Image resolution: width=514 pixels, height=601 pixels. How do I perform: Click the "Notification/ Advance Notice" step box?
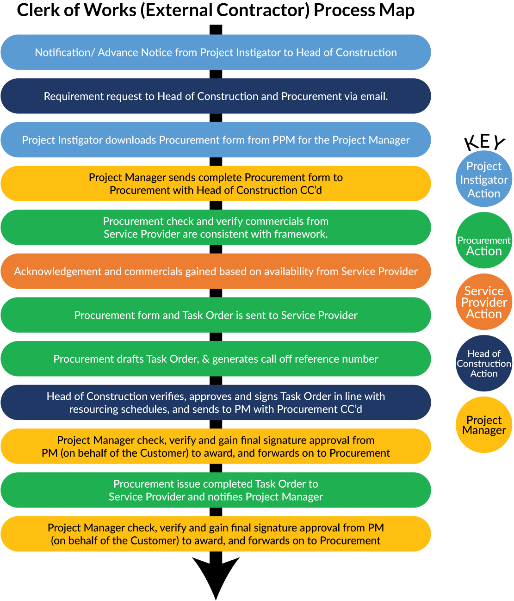[216, 52]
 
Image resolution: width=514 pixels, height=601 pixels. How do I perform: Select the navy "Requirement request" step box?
[216, 96]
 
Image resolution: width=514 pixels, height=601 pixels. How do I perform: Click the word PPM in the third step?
[284, 140]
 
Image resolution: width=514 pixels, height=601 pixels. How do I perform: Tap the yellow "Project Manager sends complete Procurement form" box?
[216, 184]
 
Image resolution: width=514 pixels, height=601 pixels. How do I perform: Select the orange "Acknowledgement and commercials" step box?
[216, 271]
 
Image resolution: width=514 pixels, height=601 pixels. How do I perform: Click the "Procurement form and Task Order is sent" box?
[216, 315]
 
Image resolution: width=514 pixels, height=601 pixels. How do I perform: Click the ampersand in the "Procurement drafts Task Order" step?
[206, 359]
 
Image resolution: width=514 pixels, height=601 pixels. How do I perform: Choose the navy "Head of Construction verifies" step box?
[216, 403]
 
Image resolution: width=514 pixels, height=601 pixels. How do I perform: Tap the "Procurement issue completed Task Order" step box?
[216, 490]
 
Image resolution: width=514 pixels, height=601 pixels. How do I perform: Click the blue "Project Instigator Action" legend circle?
[484, 179]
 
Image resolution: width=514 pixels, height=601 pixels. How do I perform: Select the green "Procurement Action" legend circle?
[484, 241]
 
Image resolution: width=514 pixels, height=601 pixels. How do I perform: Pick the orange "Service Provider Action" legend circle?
[484, 302]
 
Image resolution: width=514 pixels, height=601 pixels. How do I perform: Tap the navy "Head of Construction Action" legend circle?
[484, 364]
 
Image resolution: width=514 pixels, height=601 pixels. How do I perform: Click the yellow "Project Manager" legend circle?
[484, 425]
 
